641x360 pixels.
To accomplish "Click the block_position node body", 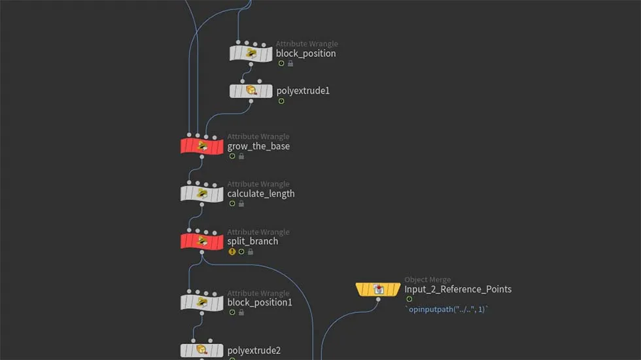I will (251, 54).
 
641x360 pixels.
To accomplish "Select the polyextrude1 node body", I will (251, 91).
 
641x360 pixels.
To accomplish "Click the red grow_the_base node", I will (202, 146).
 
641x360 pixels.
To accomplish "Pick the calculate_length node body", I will (202, 194).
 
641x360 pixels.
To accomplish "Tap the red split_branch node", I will (202, 241).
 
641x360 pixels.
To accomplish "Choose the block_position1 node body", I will (202, 302).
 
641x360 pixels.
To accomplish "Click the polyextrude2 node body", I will (202, 351).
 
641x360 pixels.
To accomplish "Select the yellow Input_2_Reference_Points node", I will (378, 289).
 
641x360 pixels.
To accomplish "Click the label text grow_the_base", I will (258, 146).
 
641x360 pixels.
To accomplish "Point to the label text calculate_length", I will (261, 194).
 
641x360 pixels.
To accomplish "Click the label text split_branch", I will (252, 241).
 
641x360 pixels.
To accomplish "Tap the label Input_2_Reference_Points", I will (458, 289).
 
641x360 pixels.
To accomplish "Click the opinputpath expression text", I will (447, 309).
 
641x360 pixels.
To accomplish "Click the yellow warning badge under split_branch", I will (232, 251).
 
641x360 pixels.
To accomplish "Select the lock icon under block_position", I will (290, 63).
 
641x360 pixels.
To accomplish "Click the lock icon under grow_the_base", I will (241, 156).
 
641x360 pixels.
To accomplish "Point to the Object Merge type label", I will (427, 279).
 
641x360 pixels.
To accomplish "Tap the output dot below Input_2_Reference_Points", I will (378, 300).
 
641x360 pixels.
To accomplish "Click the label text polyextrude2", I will (254, 351).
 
